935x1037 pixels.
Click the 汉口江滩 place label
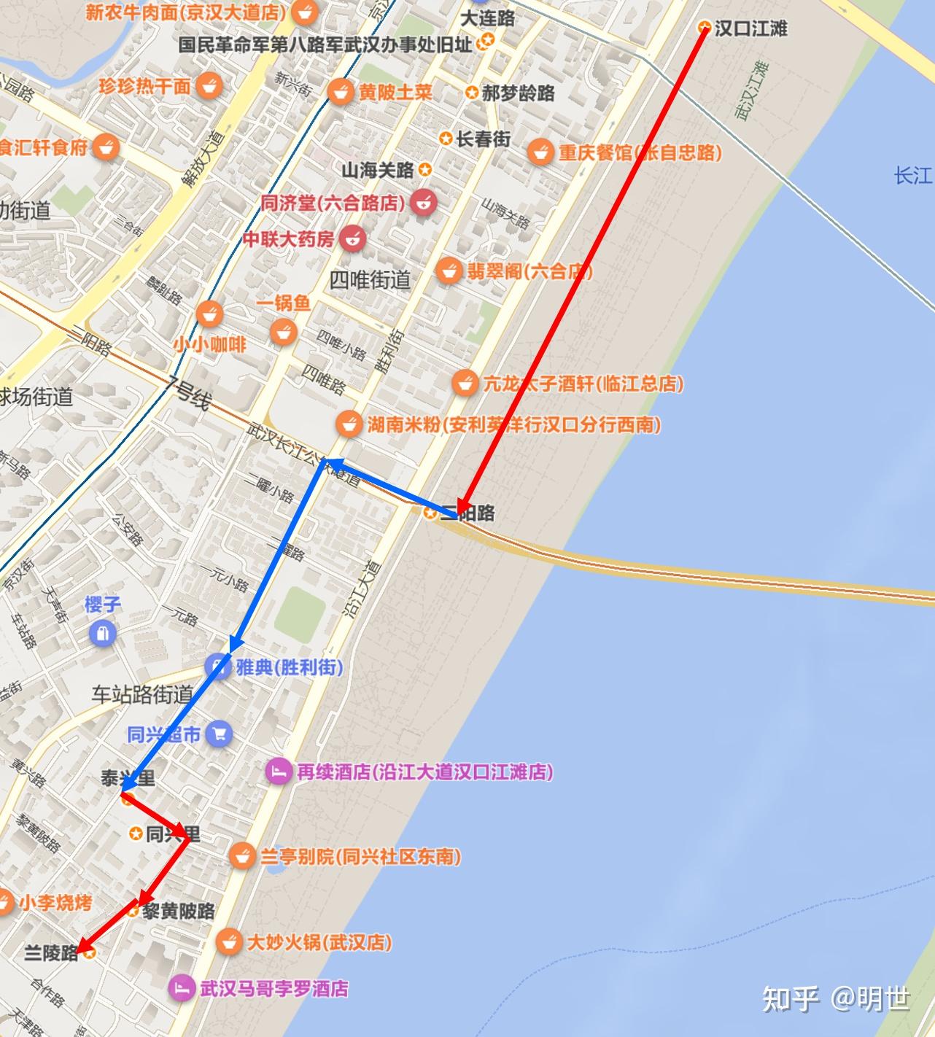coord(750,28)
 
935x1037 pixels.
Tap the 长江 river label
coord(912,175)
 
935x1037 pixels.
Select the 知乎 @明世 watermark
coord(836,998)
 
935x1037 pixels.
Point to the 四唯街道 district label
coord(370,279)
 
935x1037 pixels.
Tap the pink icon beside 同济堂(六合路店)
coord(423,202)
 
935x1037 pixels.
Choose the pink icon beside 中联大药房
coord(353,238)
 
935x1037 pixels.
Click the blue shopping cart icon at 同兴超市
coord(219,734)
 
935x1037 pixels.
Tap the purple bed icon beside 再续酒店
coord(278,772)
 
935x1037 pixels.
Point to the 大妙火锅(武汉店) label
coord(319,941)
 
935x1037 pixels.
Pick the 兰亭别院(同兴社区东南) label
coord(360,855)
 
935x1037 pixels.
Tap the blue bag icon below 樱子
coord(103,632)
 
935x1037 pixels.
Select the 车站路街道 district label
coord(142,694)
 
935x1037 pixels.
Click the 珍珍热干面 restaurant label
coord(144,86)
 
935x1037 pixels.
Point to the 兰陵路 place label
coord(51,952)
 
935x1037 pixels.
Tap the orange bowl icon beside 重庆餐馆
coord(540,152)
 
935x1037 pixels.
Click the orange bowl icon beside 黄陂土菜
coord(340,92)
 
